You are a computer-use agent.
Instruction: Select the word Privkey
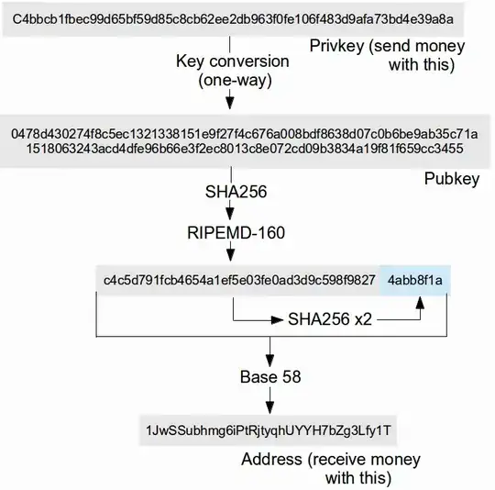pos(335,46)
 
